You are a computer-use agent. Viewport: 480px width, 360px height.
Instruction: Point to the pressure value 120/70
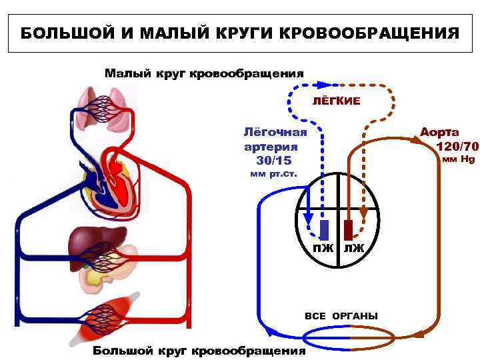pyautogui.click(x=457, y=146)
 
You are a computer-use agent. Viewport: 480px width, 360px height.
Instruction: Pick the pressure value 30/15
pyautogui.click(x=274, y=161)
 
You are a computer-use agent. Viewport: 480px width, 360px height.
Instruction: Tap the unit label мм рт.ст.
pyautogui.click(x=273, y=175)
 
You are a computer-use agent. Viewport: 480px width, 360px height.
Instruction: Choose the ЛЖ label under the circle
pyautogui.click(x=354, y=249)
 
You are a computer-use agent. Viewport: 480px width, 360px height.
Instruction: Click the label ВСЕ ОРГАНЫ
pyautogui.click(x=341, y=315)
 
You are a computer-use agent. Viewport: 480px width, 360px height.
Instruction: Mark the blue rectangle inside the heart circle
pyautogui.click(x=324, y=229)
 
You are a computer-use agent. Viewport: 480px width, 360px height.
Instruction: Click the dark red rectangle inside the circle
pyautogui.click(x=348, y=229)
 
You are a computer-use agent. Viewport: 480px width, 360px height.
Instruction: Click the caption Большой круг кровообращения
pyautogui.click(x=199, y=351)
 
